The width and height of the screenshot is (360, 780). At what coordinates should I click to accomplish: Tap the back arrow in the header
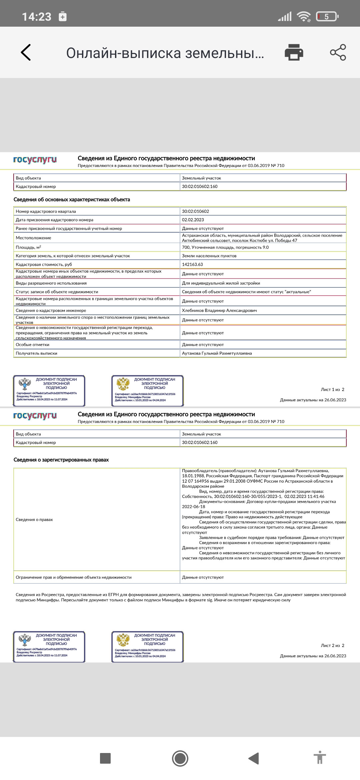click(26, 52)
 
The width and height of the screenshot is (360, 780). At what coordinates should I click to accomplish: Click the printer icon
click(294, 52)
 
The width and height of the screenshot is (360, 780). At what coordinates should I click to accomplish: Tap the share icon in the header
click(338, 52)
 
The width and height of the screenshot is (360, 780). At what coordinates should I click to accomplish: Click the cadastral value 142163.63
click(192, 264)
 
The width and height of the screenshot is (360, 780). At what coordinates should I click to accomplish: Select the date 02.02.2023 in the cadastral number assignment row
click(193, 220)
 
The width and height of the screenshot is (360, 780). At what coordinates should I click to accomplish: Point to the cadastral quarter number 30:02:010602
click(195, 211)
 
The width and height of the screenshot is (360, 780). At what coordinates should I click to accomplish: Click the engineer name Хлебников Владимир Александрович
click(219, 310)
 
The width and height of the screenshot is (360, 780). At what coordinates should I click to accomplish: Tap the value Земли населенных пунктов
click(209, 256)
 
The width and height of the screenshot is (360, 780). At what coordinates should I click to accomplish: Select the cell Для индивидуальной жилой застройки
click(221, 283)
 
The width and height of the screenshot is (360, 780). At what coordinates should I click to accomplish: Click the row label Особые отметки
click(32, 345)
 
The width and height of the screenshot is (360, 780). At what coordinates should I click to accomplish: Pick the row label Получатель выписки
click(36, 353)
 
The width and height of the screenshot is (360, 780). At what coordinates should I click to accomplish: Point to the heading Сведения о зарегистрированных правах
click(61, 460)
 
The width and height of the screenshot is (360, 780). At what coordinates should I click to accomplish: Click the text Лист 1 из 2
click(332, 389)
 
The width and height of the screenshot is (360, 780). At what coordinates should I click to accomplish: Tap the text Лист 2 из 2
click(332, 645)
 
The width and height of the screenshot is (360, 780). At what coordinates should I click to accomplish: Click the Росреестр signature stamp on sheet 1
click(49, 391)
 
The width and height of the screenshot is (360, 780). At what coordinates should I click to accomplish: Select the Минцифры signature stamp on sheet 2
click(148, 647)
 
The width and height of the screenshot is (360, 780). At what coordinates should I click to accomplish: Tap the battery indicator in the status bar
click(327, 16)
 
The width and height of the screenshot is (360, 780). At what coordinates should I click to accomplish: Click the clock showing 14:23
click(37, 17)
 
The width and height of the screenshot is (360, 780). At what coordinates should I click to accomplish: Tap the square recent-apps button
click(105, 758)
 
